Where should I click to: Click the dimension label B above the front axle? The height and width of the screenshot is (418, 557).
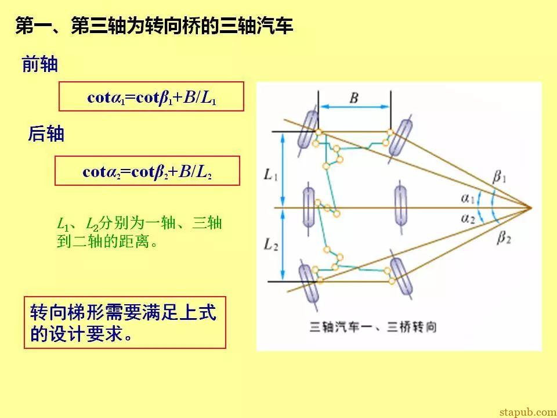[x=353, y=98]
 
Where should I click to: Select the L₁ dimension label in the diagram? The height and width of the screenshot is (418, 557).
[x=271, y=175]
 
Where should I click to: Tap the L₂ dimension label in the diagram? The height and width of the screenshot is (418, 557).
[x=271, y=245]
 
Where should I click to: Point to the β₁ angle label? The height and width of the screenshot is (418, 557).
[x=499, y=176]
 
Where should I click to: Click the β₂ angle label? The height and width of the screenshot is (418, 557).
[x=504, y=237]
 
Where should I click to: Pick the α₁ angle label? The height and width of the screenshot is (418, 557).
[x=468, y=198]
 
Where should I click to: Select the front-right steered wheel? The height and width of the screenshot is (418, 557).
[x=401, y=138]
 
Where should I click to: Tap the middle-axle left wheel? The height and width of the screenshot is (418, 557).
[x=309, y=208]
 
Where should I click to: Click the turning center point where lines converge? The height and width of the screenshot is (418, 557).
[x=531, y=208]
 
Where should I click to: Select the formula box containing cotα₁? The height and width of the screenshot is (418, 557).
[x=151, y=97]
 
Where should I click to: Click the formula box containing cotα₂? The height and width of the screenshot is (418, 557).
[x=147, y=171]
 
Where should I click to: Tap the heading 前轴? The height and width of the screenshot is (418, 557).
[x=40, y=64]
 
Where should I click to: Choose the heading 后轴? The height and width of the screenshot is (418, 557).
[x=46, y=134]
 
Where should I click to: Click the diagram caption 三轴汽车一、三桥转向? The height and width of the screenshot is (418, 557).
[x=373, y=326]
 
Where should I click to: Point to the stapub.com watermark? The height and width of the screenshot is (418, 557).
[x=527, y=412]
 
